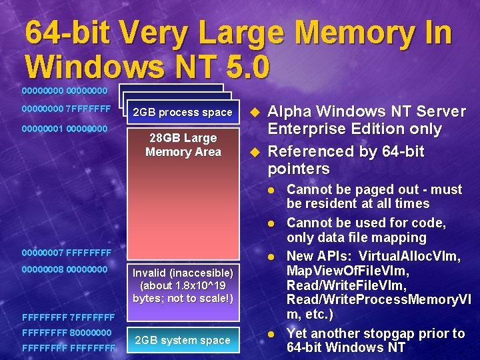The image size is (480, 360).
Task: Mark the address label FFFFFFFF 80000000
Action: click(x=66, y=331)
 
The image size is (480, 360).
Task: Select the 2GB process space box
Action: click(x=182, y=112)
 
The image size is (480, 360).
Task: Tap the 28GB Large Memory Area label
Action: click(x=183, y=145)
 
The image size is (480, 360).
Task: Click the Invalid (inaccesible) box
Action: click(x=183, y=285)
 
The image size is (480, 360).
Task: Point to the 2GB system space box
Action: click(x=182, y=340)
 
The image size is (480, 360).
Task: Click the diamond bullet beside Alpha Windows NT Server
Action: click(x=253, y=111)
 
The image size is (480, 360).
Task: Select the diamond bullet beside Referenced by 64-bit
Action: click(x=253, y=152)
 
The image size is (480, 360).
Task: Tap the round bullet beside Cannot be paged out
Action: click(x=271, y=189)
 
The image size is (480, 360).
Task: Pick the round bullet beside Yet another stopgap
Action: click(x=271, y=333)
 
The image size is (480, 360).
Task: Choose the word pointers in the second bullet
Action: click(x=299, y=169)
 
